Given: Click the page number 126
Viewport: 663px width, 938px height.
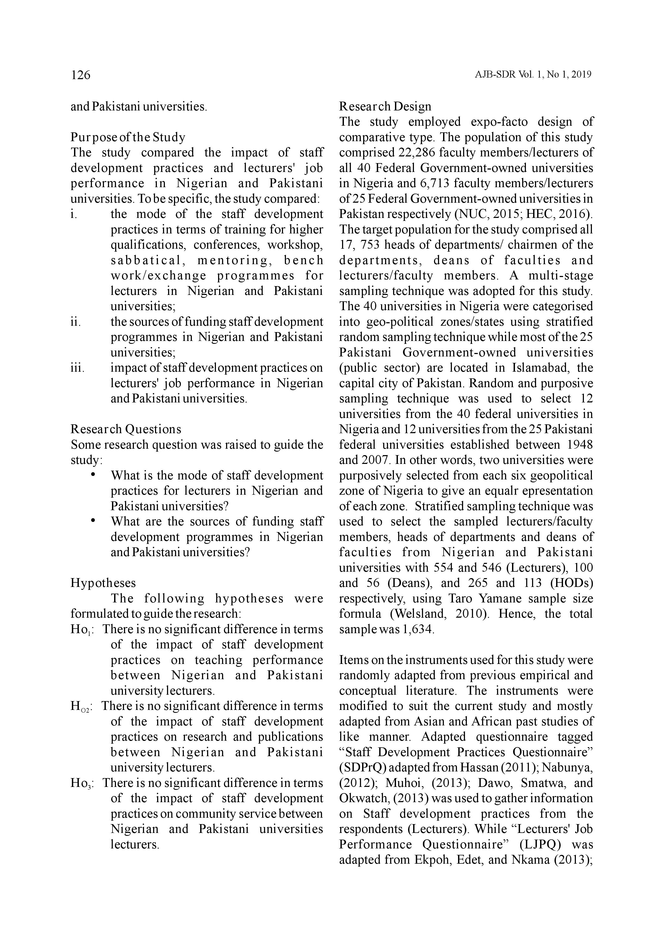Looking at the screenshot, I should tap(80, 75).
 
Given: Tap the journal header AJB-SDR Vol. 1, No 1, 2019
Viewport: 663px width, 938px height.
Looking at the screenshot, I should tap(533, 75).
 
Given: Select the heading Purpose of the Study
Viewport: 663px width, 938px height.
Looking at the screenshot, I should tap(128, 137).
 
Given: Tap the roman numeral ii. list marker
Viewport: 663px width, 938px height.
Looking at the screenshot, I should tap(76, 322).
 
